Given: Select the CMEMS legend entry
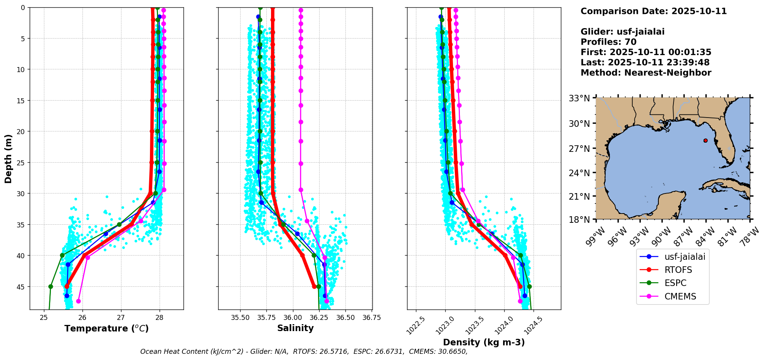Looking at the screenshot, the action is coord(673,296).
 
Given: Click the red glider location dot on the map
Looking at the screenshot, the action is coord(705,141).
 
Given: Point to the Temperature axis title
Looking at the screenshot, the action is coord(106,328).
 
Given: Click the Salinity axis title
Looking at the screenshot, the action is coord(295,328).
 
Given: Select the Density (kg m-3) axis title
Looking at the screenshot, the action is coord(484,342).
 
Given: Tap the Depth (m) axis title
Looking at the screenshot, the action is coord(8,158).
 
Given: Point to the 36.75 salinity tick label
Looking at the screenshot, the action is coord(372,318).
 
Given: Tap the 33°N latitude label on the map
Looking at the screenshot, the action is coord(579,98).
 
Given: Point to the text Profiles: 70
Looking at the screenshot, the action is coord(608,42).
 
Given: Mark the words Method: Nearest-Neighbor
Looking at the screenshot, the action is coord(646,73).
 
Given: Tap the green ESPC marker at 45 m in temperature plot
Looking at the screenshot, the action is coord(51,287).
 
